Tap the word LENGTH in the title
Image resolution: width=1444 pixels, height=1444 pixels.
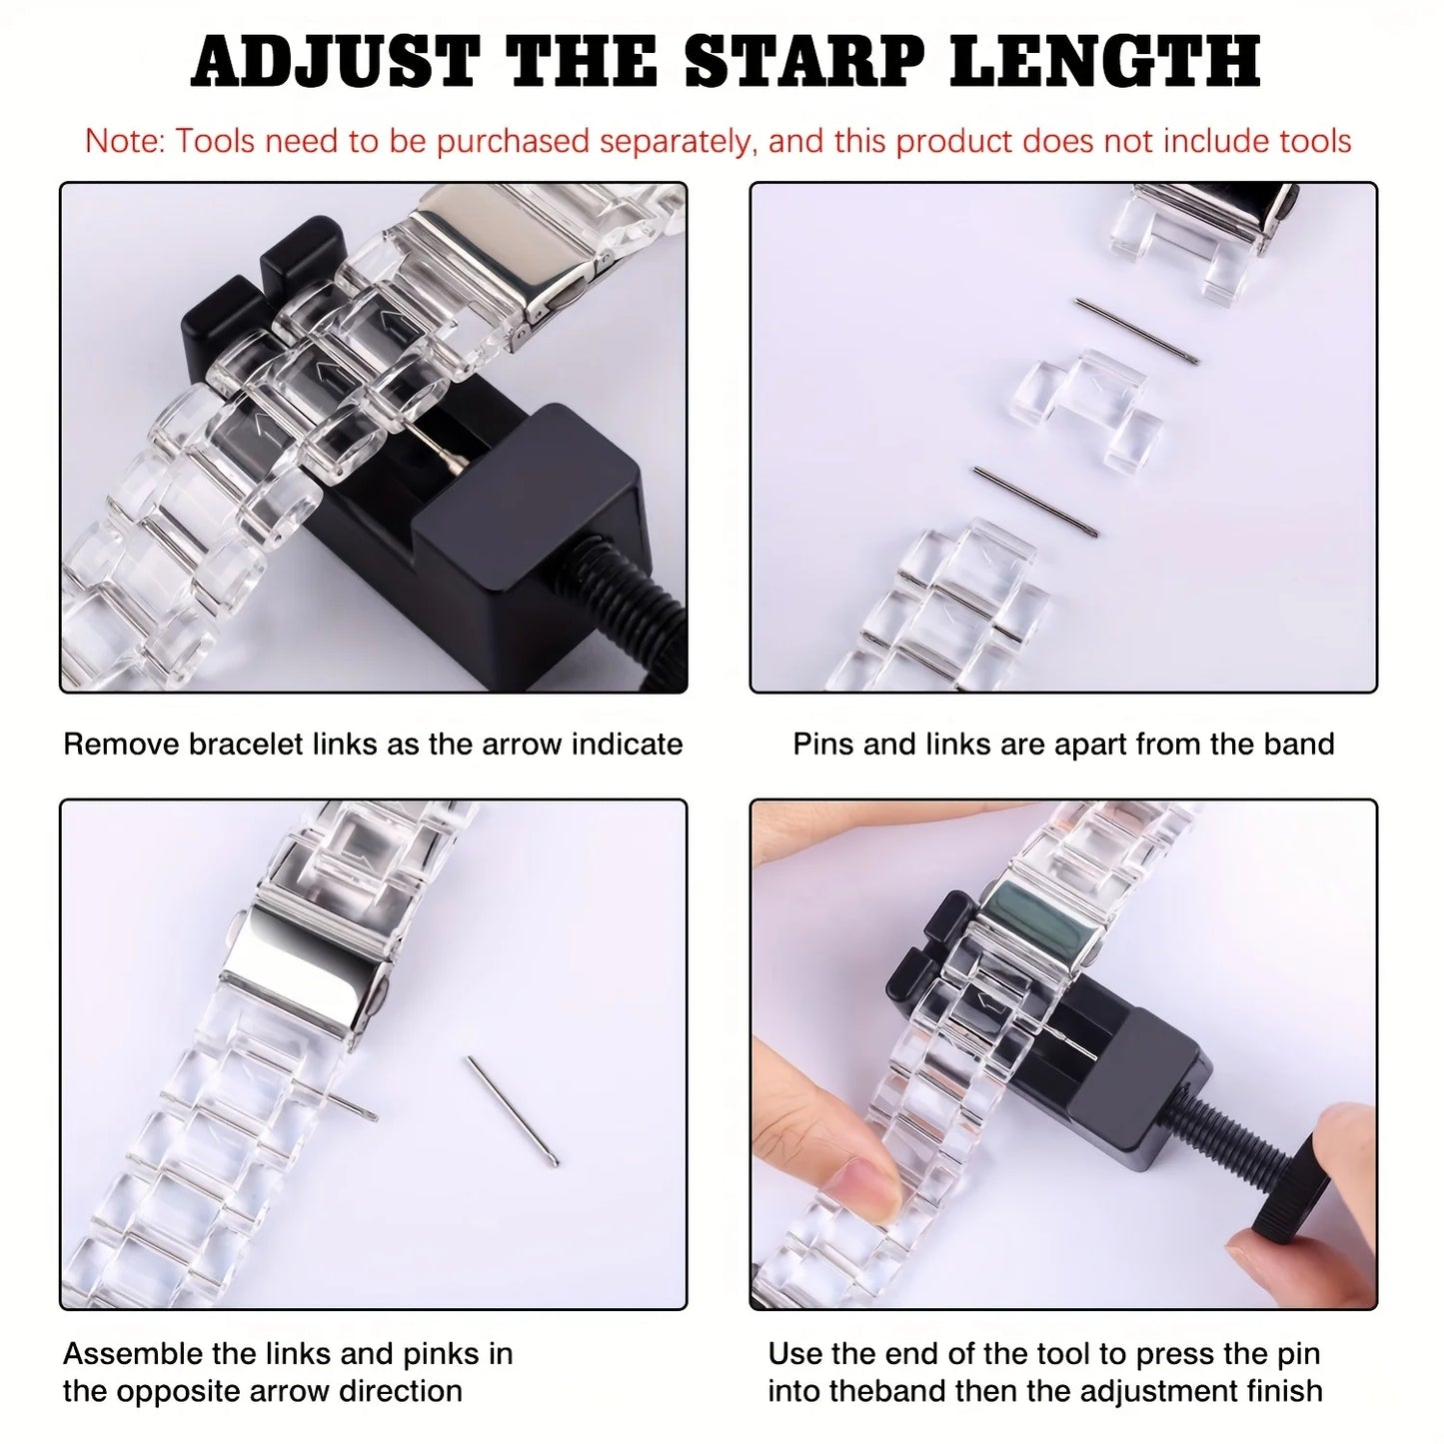[1105, 62]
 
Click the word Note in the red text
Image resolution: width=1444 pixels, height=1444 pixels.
[124, 141]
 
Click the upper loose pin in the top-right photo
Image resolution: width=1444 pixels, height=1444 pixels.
[1136, 330]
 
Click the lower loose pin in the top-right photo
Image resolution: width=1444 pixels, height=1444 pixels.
[1035, 501]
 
